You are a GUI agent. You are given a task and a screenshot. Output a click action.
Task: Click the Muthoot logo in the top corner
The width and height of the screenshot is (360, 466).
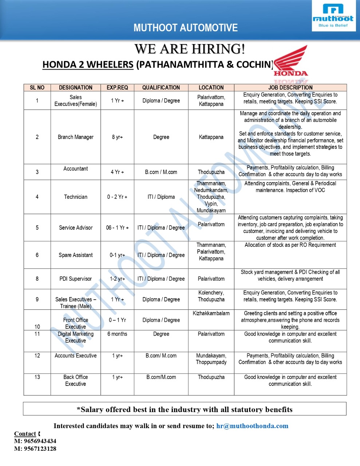[333, 16]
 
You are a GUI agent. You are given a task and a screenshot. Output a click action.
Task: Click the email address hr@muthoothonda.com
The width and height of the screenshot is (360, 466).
[252, 426]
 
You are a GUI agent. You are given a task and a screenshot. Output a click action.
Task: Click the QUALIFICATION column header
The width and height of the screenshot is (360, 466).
[161, 88]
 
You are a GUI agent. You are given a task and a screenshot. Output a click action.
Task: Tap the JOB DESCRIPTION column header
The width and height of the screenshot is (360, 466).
[290, 88]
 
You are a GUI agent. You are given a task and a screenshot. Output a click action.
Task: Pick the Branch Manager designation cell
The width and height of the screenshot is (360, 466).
[76, 137]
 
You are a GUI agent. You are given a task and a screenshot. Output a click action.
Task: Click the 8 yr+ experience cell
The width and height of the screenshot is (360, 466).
[117, 137]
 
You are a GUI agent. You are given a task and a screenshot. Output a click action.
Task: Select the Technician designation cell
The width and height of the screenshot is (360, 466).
[76, 197]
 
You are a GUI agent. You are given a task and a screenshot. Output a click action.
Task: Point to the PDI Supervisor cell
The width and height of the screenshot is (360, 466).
[76, 279]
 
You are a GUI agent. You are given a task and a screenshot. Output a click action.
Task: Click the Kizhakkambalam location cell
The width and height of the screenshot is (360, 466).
[211, 313]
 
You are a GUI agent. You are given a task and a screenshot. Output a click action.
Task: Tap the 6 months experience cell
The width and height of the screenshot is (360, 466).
[117, 334]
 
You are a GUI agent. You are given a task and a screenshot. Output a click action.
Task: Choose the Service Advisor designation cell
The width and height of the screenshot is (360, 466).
[76, 228]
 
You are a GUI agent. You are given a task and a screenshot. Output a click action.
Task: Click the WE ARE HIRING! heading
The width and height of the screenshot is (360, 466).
[190, 49]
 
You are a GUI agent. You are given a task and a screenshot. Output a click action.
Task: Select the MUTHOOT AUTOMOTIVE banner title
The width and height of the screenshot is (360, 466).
[185, 28]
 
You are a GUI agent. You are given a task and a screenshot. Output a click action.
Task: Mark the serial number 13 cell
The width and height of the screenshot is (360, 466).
[37, 377]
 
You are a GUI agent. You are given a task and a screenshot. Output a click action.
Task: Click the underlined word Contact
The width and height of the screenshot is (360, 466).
[25, 434]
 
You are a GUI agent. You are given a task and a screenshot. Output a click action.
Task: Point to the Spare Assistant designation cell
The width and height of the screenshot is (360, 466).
[76, 255]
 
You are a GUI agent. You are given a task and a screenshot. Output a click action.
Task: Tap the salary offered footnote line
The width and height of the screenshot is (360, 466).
[185, 410]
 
